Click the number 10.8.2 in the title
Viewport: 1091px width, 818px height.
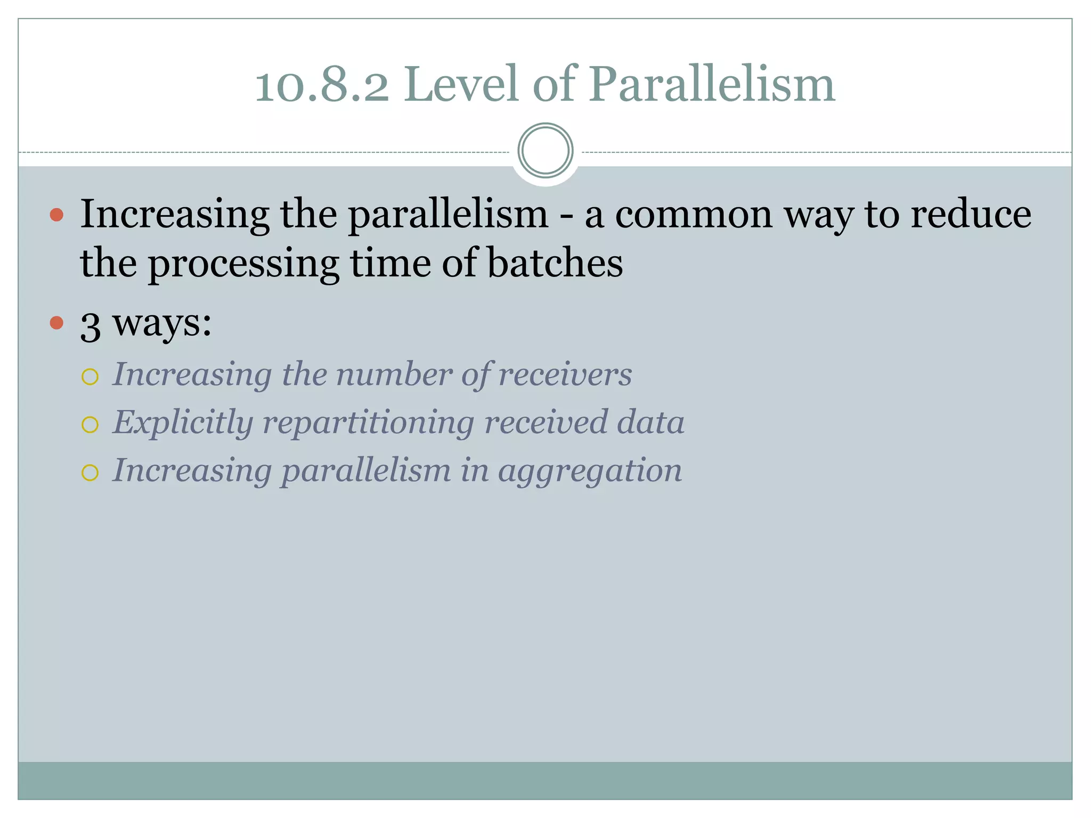322,85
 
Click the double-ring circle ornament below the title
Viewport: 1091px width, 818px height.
545,151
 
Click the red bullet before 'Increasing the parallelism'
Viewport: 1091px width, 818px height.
56,215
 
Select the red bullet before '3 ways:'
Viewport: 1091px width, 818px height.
56,323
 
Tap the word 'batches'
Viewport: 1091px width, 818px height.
555,263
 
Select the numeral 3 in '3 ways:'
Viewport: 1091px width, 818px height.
91,326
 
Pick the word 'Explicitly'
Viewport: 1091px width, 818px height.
183,423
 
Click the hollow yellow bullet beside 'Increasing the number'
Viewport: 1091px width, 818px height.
90,377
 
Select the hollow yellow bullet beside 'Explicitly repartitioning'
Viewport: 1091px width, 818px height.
90,425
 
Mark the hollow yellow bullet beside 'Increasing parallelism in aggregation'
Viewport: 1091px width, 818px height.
90,473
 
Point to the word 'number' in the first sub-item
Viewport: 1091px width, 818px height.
394,374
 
